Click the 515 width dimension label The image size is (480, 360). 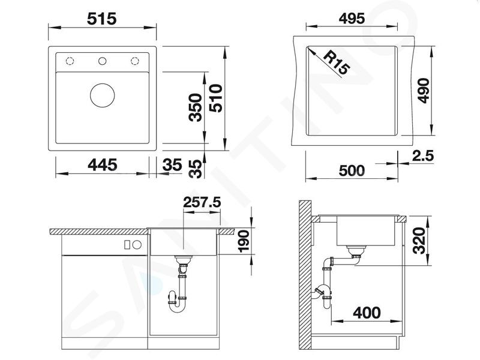click(101, 19)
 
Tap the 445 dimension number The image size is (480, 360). click(102, 165)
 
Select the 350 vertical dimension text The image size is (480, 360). click(196, 107)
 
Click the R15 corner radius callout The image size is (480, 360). click(336, 63)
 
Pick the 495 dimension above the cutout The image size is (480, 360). click(352, 19)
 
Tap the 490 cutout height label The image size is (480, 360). click(424, 91)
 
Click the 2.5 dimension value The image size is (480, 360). click(423, 156)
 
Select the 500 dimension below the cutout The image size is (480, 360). click(352, 170)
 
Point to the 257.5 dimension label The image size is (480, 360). click(202, 202)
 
